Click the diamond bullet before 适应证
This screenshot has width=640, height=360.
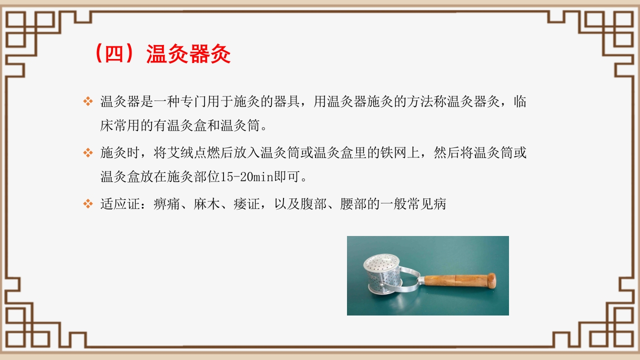(x=88, y=204)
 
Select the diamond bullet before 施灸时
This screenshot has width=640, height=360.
(x=88, y=152)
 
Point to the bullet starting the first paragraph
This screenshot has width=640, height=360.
(x=88, y=101)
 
